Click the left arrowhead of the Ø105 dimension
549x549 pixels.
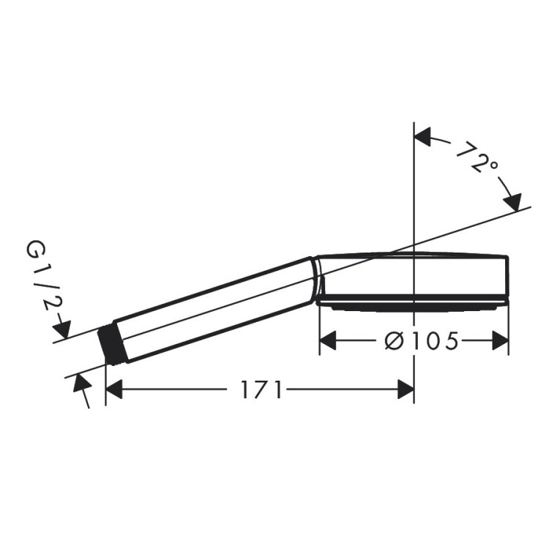(x=328, y=340)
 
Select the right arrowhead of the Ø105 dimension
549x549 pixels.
(x=500, y=340)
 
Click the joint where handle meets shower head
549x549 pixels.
(x=316, y=278)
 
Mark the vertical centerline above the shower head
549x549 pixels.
(x=414, y=190)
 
